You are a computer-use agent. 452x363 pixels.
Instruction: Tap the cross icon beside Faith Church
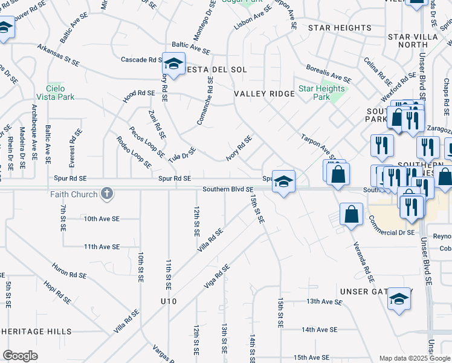coord(106,194)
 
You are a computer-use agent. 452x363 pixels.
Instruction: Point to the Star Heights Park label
coord(321,93)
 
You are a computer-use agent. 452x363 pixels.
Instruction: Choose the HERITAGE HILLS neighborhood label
coord(36,332)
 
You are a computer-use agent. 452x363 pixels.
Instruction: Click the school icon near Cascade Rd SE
coord(173,64)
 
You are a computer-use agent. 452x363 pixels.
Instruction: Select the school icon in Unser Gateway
coord(399,299)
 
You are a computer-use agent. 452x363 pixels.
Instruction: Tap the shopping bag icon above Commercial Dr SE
coord(351,214)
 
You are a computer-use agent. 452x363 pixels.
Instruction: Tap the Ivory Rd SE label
coord(239,148)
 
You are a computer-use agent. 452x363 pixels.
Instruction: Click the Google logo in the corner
coord(20,355)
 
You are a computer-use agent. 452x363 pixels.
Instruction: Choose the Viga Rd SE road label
coord(217,276)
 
